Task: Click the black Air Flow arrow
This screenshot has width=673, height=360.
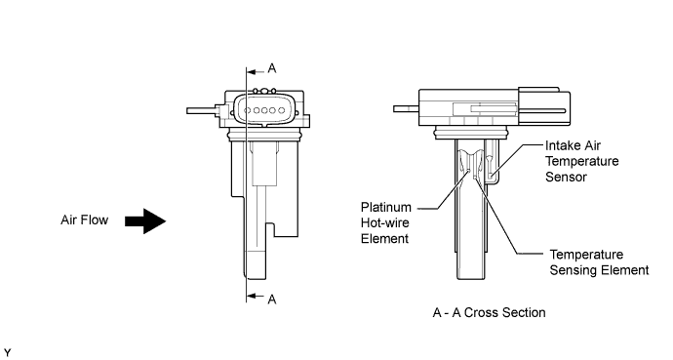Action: (x=145, y=221)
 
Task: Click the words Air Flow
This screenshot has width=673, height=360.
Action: (x=84, y=220)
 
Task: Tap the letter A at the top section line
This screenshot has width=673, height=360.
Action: (x=272, y=68)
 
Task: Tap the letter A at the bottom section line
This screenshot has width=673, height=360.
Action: (x=272, y=300)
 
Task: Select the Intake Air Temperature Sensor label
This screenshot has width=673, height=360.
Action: (x=582, y=161)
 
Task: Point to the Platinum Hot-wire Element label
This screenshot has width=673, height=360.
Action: (x=386, y=222)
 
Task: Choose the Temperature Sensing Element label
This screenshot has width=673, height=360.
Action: (x=599, y=262)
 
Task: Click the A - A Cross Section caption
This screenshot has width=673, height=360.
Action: (x=489, y=312)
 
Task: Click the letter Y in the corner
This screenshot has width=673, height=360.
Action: (x=7, y=353)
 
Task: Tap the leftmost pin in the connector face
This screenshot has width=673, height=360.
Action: (x=247, y=110)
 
